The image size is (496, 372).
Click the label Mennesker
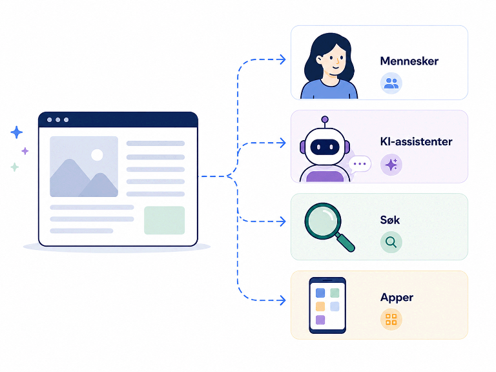coord(409,61)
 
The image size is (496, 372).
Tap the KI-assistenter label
coord(416,141)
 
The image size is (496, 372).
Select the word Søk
coord(389,220)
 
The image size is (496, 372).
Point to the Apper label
coord(397,298)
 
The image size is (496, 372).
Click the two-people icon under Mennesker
coord(391,83)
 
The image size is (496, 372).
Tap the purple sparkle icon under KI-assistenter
coord(391,165)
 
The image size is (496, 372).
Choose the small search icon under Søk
coord(391,242)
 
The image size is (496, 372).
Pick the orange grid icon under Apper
coord(391,320)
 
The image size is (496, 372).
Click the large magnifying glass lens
coord(324,221)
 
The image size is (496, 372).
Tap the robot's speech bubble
coord(359,164)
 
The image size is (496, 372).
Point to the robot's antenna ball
coord(325,119)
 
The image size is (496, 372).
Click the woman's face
coord(334,61)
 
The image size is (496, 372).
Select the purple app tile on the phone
coord(320,320)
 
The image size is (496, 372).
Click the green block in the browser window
coord(164,220)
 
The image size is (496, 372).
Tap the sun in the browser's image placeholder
coord(97,155)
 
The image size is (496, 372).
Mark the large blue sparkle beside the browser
coord(16,132)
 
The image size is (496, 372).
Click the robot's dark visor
coord(325,147)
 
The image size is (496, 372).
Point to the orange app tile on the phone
coord(320,306)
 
